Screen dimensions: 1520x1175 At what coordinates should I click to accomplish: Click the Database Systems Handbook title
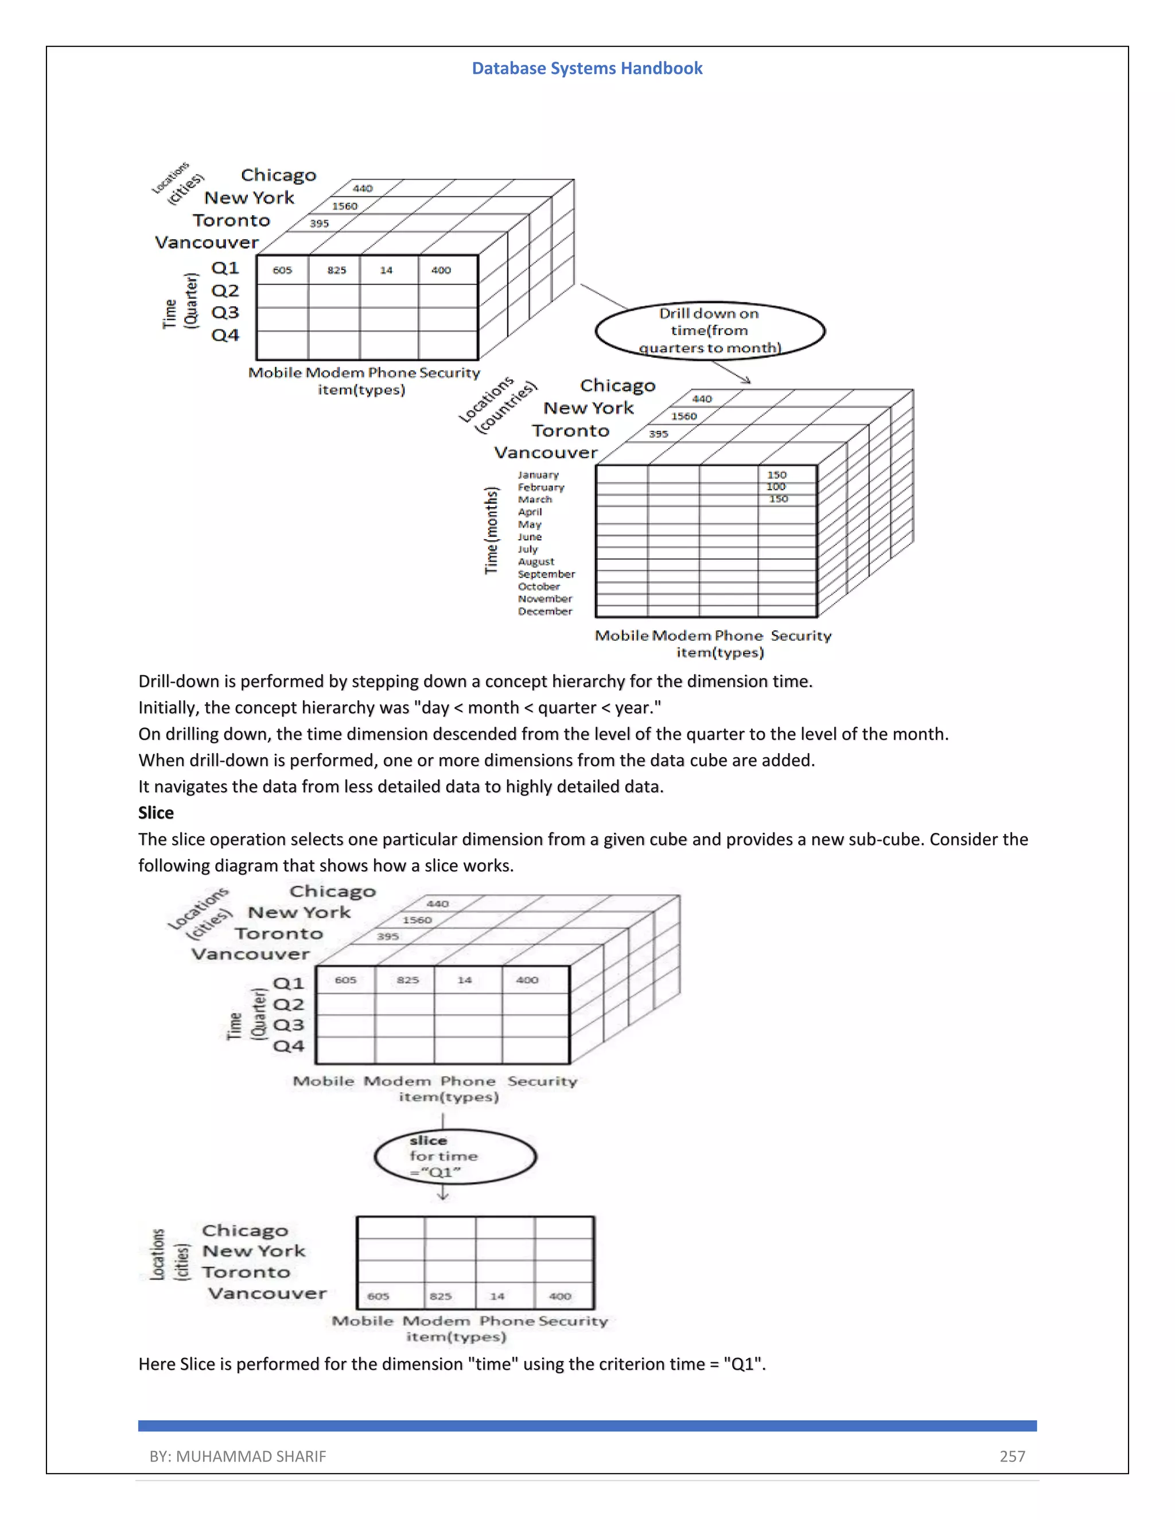pyautogui.click(x=587, y=68)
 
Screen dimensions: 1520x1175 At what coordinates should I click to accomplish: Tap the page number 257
pyautogui.click(x=1012, y=1456)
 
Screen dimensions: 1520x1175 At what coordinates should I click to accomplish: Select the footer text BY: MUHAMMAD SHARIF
pyautogui.click(x=238, y=1456)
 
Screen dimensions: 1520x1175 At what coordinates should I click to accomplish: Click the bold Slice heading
pyautogui.click(x=156, y=813)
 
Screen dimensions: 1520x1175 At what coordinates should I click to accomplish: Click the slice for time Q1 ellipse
pyautogui.click(x=455, y=1157)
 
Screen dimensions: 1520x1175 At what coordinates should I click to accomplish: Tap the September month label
pyautogui.click(x=546, y=574)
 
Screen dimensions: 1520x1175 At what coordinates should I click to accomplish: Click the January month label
pyautogui.click(x=538, y=475)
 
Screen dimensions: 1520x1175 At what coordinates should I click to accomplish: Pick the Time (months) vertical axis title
pyautogui.click(x=492, y=531)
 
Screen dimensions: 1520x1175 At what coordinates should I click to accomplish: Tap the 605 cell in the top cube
pyautogui.click(x=282, y=270)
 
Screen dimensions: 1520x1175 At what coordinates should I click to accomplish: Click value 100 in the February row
pyautogui.click(x=776, y=486)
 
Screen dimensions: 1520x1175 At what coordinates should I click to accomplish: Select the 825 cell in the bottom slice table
pyautogui.click(x=441, y=1296)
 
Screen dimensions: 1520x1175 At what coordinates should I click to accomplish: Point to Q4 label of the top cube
pyautogui.click(x=225, y=335)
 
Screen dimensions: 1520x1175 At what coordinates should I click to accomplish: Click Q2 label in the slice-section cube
pyautogui.click(x=288, y=1004)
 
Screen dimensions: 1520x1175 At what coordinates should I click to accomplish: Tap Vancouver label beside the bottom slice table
pyautogui.click(x=267, y=1293)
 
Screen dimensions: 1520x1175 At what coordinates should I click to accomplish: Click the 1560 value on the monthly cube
pyautogui.click(x=683, y=416)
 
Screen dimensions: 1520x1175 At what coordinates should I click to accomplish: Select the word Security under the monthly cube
pyautogui.click(x=800, y=636)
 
